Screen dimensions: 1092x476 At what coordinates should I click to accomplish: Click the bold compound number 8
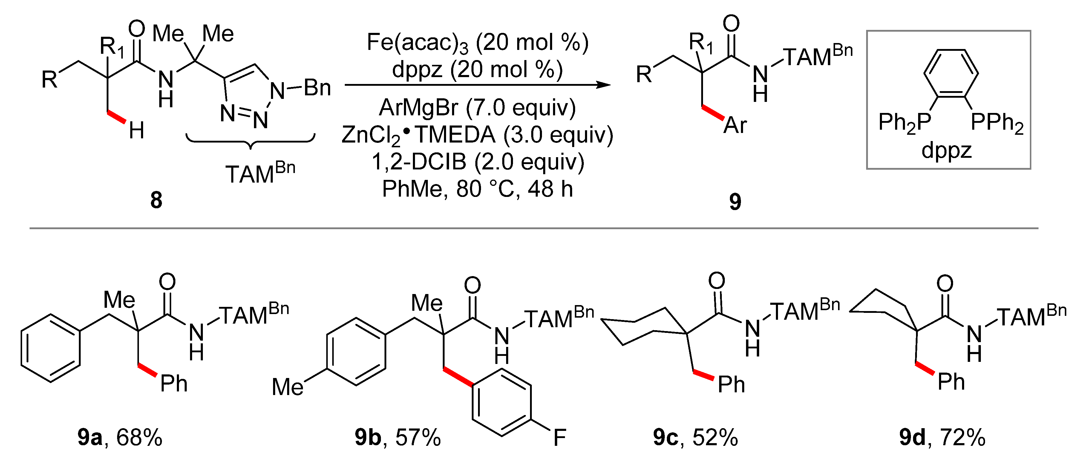[156, 200]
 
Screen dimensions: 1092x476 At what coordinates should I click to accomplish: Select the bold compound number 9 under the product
[735, 202]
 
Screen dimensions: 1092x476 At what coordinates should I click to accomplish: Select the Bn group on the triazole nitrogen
[317, 88]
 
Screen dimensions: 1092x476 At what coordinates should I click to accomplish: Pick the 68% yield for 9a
[139, 437]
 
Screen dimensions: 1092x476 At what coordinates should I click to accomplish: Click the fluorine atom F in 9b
[560, 437]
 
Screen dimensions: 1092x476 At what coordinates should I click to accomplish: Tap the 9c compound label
[666, 437]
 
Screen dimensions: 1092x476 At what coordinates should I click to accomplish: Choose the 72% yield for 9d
[962, 437]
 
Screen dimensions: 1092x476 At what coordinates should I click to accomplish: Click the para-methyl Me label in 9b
[287, 387]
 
